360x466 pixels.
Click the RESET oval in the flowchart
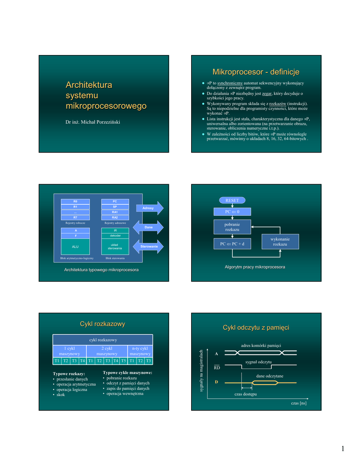pyautogui.click(x=232, y=200)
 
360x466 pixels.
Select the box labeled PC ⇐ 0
pyautogui.click(x=232, y=212)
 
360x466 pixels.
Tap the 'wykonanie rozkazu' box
pyautogui.click(x=280, y=242)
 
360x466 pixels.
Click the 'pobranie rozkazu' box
pyautogui.click(x=232, y=227)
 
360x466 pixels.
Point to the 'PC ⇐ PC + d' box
pyautogui.click(x=232, y=244)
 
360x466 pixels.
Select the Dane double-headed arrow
pyautogui.click(x=148, y=227)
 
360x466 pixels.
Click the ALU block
pyautogui.click(x=76, y=246)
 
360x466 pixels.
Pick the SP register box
pyautogui.click(x=115, y=207)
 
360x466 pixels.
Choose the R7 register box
pyautogui.click(x=76, y=218)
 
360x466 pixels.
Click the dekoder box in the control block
pyautogui.click(x=115, y=236)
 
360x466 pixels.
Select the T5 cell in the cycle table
pyautogui.click(x=123, y=361)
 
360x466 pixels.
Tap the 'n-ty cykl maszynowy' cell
pyautogui.click(x=140, y=351)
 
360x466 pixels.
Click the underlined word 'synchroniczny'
pyautogui.click(x=230, y=83)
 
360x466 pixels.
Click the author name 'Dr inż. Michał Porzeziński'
pyautogui.click(x=93, y=122)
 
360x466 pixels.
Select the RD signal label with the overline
pyautogui.click(x=217, y=367)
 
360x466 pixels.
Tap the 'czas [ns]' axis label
pyautogui.click(x=299, y=404)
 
